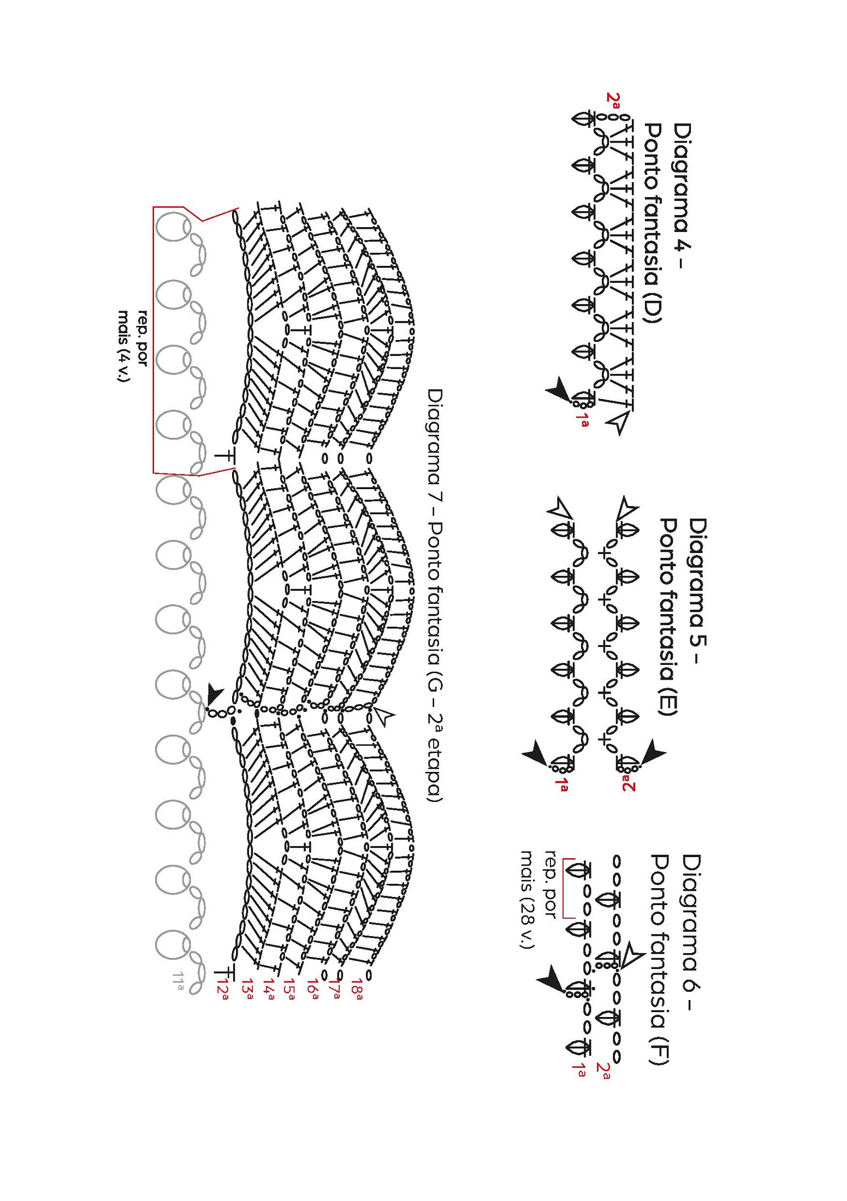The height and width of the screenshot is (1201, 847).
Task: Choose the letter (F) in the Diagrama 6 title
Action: pyautogui.click(x=660, y=1049)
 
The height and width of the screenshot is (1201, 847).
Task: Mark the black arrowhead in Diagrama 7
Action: pyautogui.click(x=214, y=697)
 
